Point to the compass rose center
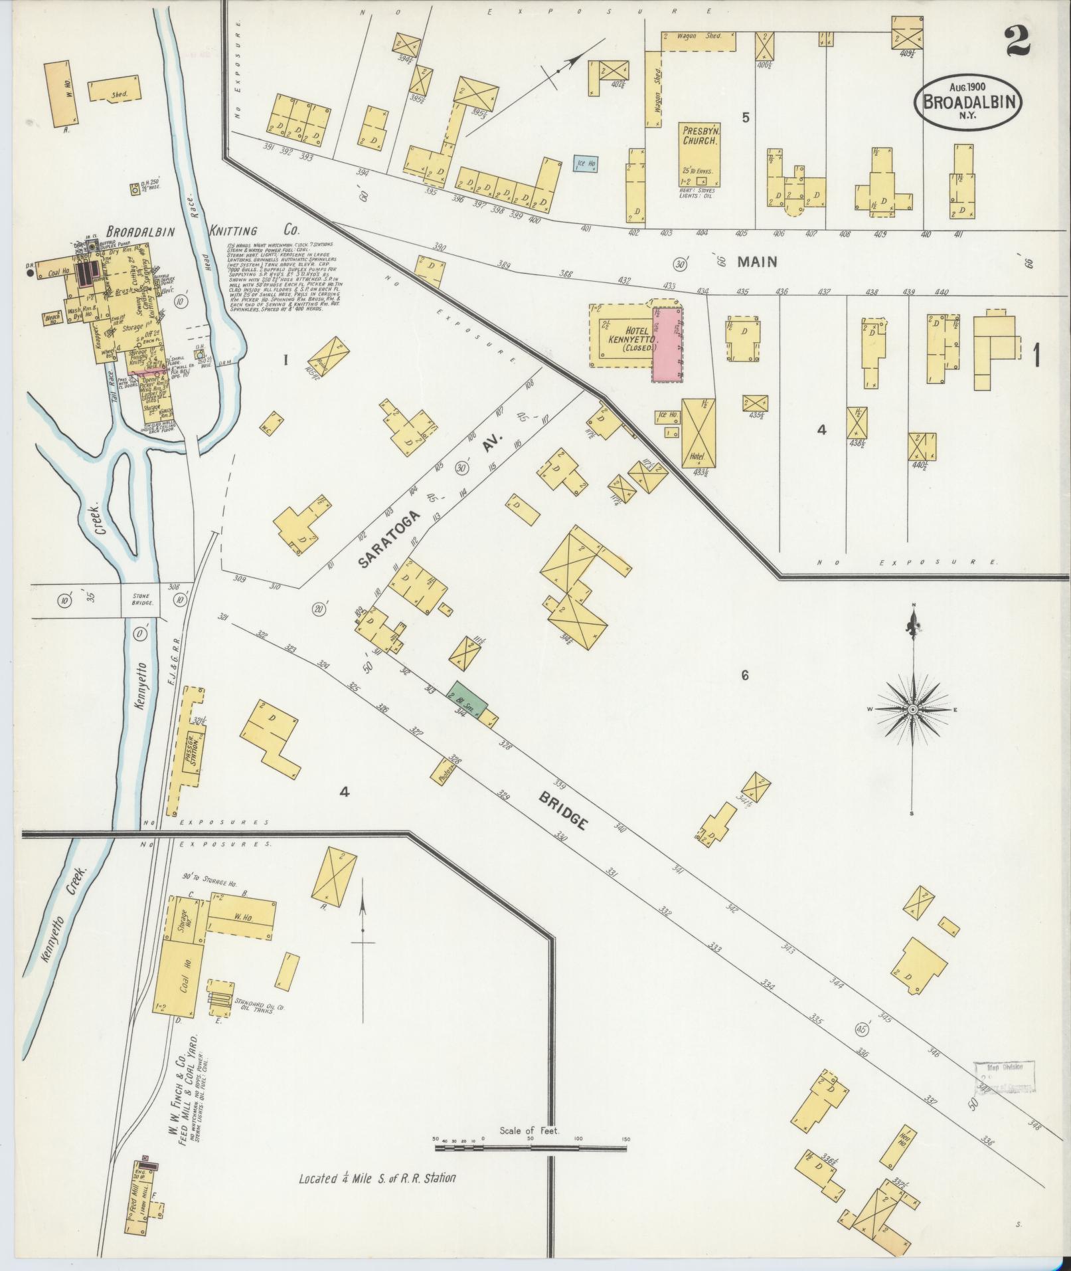pos(913,710)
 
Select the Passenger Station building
pos(198,751)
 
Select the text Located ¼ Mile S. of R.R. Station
pos(376,1179)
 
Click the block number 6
pos(745,676)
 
